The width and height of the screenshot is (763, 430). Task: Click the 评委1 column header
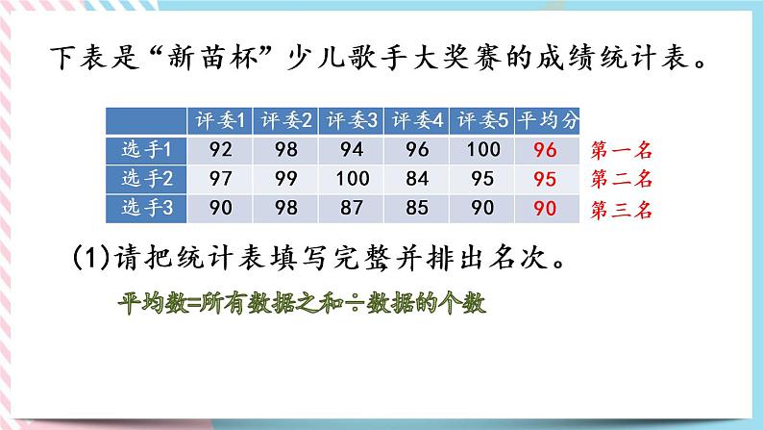pyautogui.click(x=221, y=121)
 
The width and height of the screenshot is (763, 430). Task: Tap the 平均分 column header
pyautogui.click(x=549, y=121)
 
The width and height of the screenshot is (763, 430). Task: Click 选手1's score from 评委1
pyautogui.click(x=221, y=150)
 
